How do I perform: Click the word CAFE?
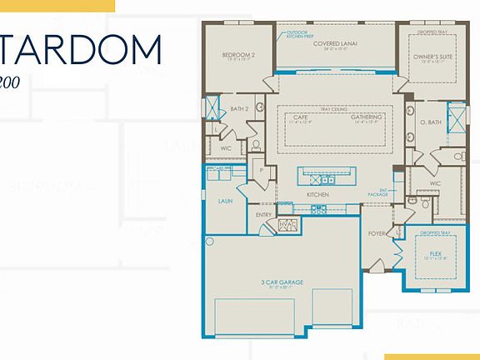click(x=300, y=117)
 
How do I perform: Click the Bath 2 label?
click(x=240, y=109)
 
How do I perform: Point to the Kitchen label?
click(x=317, y=194)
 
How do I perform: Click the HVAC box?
click(x=287, y=225)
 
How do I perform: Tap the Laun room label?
click(x=225, y=201)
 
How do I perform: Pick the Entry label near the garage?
click(x=263, y=214)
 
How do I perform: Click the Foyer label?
click(x=377, y=233)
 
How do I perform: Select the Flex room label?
click(x=434, y=252)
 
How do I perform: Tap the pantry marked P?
click(x=262, y=170)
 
